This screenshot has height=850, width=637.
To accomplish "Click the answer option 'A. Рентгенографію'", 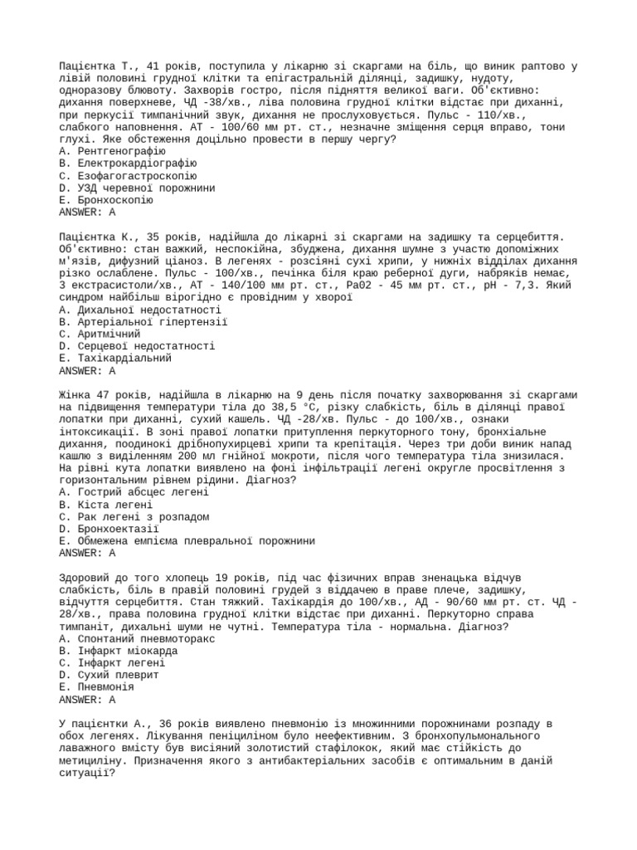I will [x=113, y=152].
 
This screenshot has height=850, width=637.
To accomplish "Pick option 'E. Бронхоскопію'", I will [x=107, y=200].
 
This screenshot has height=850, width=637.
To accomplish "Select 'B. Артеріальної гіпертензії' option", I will [x=143, y=321].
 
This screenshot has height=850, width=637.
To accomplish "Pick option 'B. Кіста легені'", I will [x=106, y=504].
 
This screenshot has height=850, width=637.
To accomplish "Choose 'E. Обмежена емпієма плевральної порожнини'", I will [x=187, y=540].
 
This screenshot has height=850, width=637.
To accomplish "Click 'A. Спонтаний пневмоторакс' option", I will [x=138, y=638].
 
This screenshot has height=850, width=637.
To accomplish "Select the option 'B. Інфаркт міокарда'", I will [x=119, y=651].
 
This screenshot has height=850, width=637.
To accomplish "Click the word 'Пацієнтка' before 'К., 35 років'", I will [x=88, y=237].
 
